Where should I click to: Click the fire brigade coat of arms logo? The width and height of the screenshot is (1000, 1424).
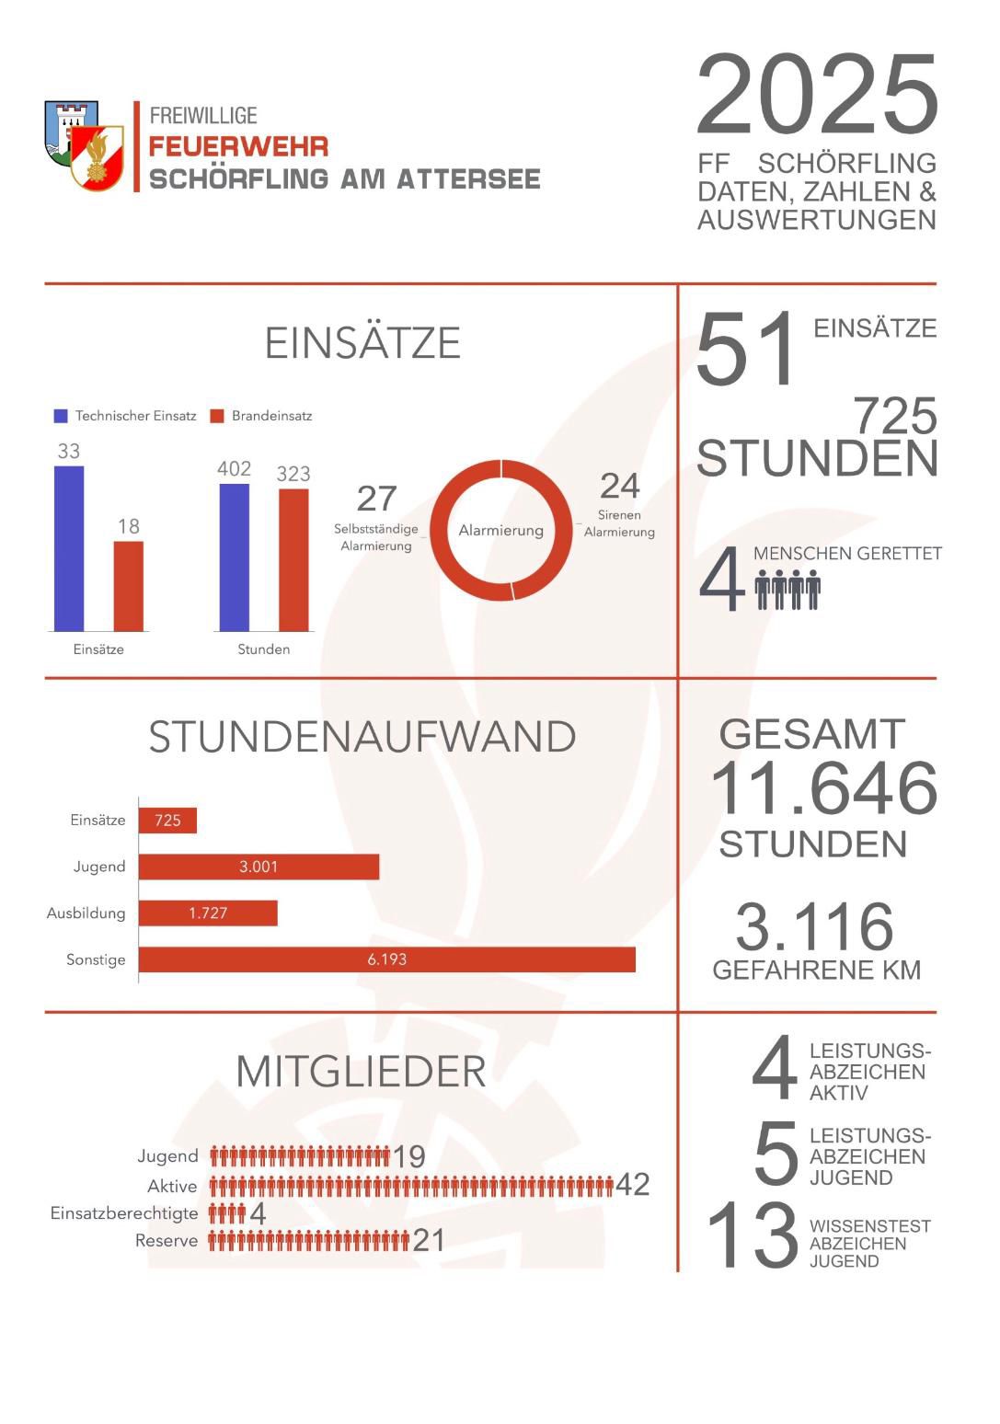click(x=85, y=145)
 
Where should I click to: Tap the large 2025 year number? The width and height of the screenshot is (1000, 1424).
click(x=816, y=96)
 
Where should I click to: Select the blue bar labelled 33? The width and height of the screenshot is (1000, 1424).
click(x=69, y=548)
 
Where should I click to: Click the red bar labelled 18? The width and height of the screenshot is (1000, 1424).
click(x=129, y=586)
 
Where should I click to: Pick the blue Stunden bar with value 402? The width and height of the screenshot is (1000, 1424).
click(x=234, y=557)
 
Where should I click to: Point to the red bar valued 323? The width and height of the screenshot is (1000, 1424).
click(x=293, y=559)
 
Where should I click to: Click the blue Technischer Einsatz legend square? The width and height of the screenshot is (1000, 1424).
click(x=61, y=416)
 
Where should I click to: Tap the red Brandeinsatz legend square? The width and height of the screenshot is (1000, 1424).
click(x=217, y=416)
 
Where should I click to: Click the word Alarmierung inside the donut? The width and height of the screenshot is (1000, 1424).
click(x=500, y=531)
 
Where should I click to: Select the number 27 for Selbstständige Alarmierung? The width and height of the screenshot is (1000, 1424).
click(x=376, y=499)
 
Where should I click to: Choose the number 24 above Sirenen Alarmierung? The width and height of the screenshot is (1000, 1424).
click(x=619, y=486)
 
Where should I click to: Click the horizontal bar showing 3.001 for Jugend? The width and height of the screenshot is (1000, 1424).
click(x=259, y=867)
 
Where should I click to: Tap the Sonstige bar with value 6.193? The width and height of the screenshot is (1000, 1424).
click(x=386, y=959)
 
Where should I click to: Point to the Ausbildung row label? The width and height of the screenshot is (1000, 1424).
click(x=86, y=913)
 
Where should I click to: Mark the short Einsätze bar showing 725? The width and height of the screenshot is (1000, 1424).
click(x=167, y=821)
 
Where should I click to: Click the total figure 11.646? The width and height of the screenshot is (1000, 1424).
click(x=823, y=789)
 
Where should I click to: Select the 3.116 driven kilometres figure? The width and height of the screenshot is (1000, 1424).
click(x=814, y=927)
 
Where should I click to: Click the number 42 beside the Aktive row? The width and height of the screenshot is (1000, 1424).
click(x=632, y=1184)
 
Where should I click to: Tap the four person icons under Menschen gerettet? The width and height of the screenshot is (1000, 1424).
click(x=787, y=589)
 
